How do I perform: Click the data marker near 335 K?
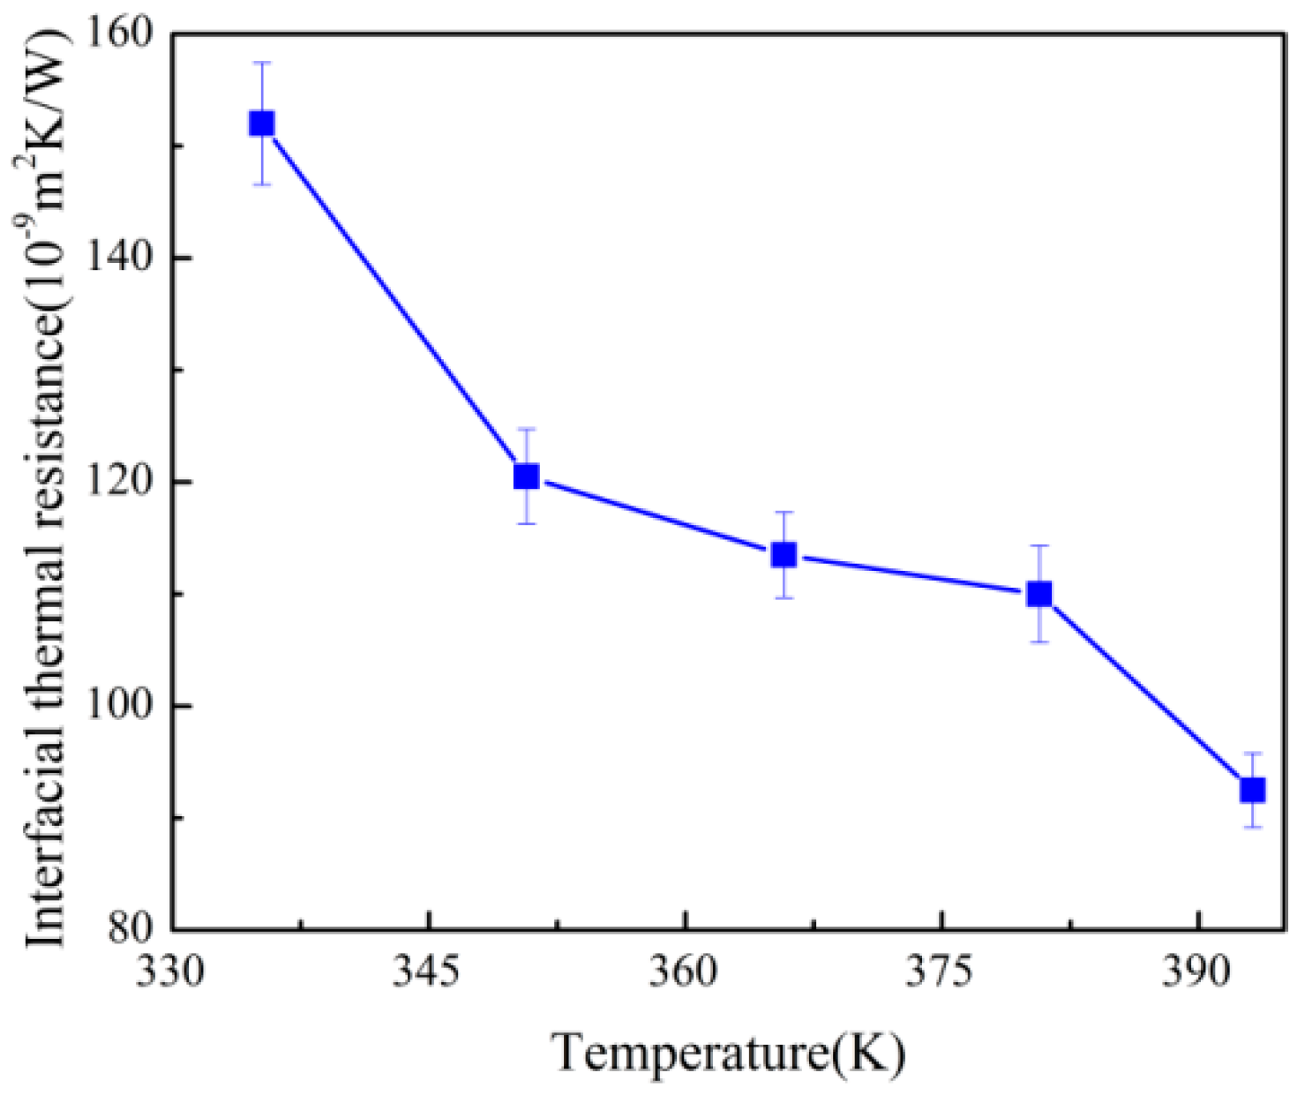click(261, 124)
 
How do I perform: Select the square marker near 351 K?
click(526, 476)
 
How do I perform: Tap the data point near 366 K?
click(784, 555)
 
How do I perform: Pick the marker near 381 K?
click(1040, 594)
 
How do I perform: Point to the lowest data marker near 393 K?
click(1253, 790)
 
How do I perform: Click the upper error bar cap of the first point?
click(261, 63)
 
